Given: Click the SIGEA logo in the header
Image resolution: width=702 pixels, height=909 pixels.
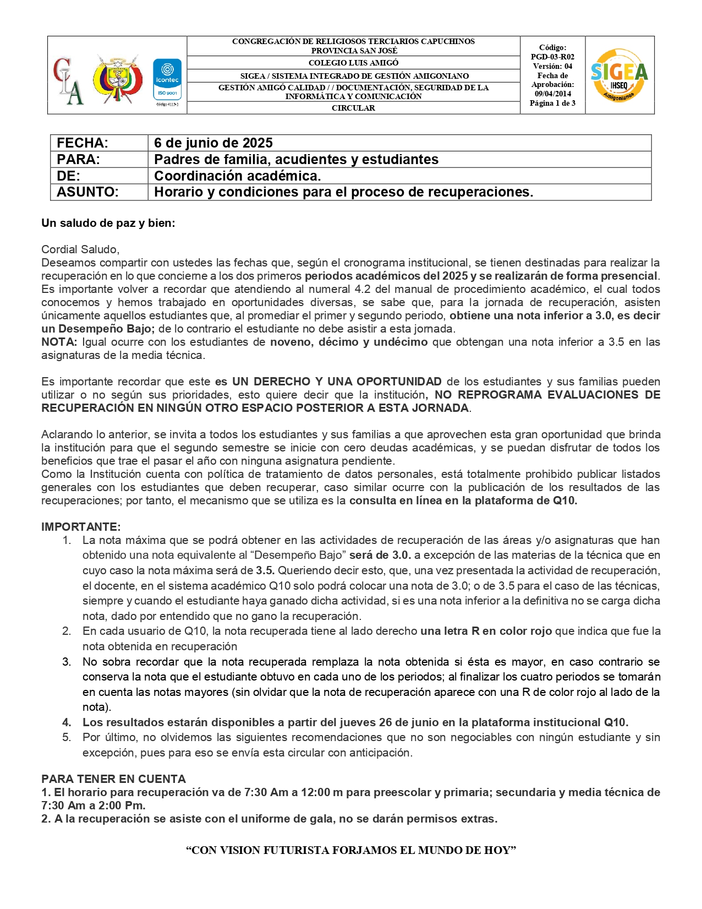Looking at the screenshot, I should [619, 75].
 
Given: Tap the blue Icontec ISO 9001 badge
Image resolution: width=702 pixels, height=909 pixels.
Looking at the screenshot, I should [167, 79].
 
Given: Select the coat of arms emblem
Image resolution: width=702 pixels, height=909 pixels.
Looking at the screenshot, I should [117, 78].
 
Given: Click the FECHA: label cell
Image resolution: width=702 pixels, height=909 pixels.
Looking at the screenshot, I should [83, 143].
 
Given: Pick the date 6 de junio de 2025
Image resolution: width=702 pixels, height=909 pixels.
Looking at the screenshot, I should [213, 143].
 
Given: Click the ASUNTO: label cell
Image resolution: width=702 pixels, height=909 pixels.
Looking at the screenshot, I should [87, 192].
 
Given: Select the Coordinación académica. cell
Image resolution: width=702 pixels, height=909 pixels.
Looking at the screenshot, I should [237, 176].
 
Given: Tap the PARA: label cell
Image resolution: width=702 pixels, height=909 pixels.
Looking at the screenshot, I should [78, 160].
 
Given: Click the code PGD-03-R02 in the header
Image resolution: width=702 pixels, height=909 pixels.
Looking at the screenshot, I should [552, 57].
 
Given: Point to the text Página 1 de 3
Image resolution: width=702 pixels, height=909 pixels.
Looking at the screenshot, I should [552, 104].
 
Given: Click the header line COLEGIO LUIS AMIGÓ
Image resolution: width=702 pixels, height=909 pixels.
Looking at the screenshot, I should [353, 63].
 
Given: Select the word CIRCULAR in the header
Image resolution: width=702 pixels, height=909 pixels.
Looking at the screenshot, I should [353, 108].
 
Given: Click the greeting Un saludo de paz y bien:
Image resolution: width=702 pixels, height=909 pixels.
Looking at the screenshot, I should [108, 223].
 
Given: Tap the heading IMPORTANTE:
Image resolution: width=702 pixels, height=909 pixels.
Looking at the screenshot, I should [81, 527].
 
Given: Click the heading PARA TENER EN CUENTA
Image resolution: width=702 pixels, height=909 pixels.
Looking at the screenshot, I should [113, 779].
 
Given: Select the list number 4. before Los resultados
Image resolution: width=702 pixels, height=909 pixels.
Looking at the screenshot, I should [67, 722].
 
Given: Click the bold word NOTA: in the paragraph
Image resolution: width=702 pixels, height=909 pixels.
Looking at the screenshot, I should [59, 342].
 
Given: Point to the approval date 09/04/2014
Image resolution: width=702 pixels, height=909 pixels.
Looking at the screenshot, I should [552, 94].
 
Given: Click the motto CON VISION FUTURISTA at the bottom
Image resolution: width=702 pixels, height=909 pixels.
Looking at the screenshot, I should [351, 851].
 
